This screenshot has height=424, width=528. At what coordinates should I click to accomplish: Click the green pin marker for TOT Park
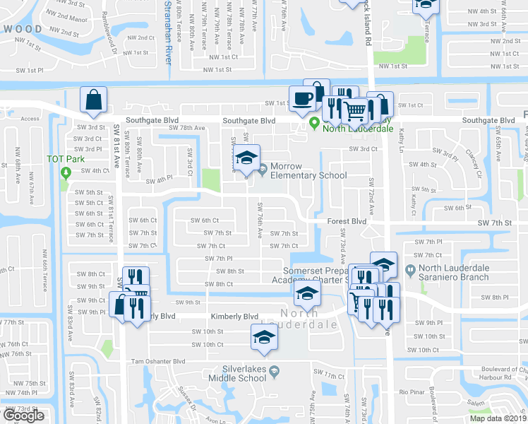coord(66,172)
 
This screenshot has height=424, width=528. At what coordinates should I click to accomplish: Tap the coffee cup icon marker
coord(302,99)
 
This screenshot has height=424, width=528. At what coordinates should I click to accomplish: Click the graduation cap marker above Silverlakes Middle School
coord(264,336)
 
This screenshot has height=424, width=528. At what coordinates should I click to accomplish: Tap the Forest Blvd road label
coord(347,220)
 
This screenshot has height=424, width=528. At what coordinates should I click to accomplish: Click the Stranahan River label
coord(168,32)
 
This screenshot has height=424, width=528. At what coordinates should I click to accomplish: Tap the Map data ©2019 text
coord(497,418)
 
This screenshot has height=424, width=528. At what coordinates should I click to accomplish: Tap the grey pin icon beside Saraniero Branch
coord(410,269)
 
